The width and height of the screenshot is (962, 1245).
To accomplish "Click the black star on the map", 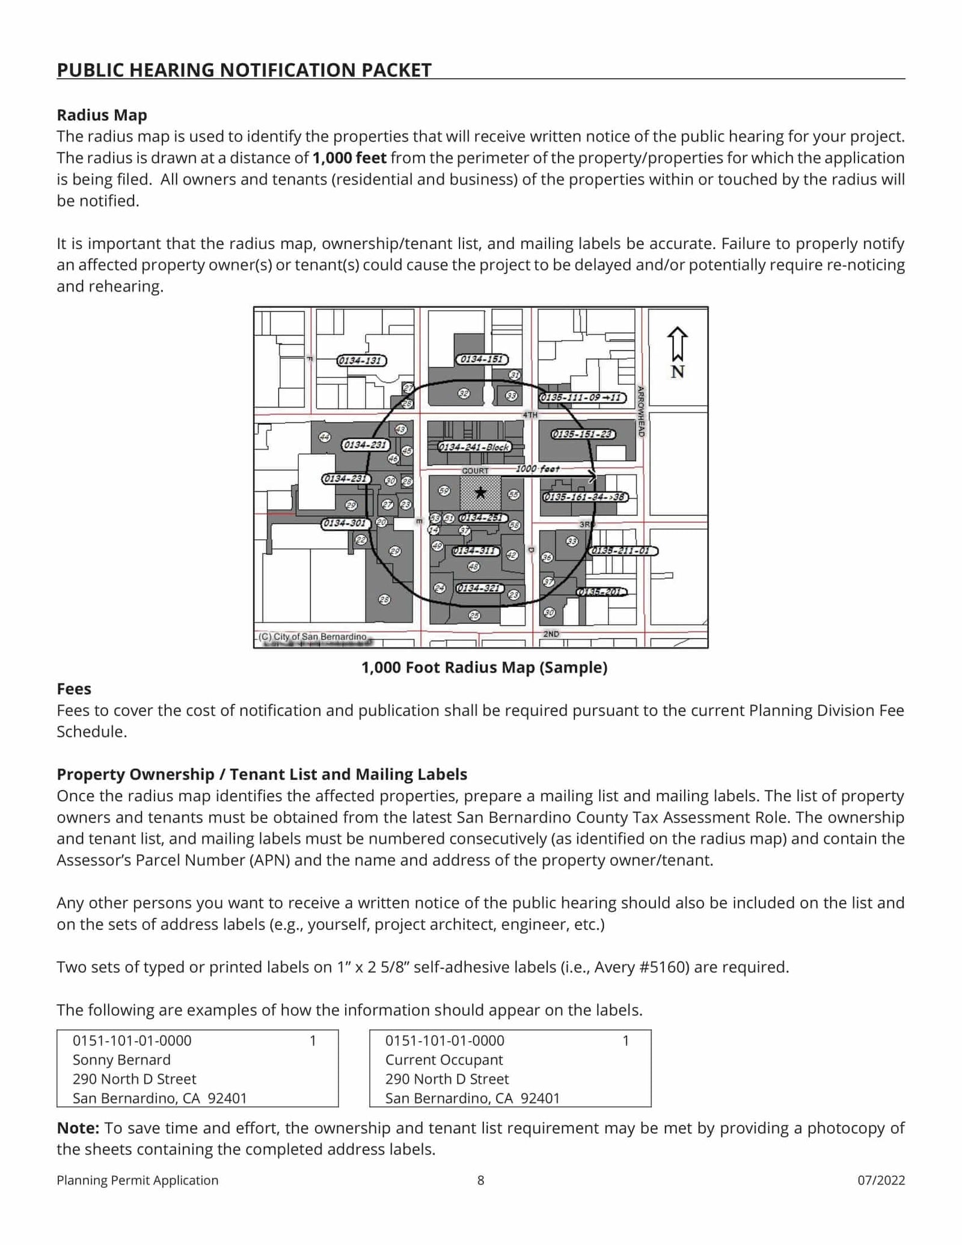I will click(x=480, y=493).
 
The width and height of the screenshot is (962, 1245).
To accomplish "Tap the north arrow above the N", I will click(x=678, y=343).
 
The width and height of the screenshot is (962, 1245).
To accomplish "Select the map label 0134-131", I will click(x=361, y=361).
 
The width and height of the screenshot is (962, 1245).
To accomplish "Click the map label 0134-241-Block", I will click(x=474, y=447).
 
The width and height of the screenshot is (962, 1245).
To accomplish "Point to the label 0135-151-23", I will click(x=583, y=434).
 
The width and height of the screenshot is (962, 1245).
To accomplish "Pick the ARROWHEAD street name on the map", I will click(x=641, y=411).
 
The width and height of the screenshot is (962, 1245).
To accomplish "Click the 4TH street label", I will click(x=530, y=415).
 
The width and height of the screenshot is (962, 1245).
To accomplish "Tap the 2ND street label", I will click(x=551, y=634).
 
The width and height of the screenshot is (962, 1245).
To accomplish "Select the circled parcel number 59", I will click(x=444, y=491).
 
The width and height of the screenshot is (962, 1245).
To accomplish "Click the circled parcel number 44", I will click(x=325, y=437).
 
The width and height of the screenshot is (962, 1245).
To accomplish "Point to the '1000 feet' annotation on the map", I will click(x=538, y=468).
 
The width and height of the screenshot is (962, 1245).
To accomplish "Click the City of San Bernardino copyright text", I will click(x=313, y=637).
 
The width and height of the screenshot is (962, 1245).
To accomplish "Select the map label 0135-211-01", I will click(x=623, y=551).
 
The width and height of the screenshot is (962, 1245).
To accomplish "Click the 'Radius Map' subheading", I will click(x=102, y=115).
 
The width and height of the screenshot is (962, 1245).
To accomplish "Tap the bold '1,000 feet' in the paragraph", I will click(x=349, y=158).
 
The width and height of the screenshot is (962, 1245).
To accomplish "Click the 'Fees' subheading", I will click(x=74, y=689).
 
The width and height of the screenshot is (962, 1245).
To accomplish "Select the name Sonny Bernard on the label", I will click(x=121, y=1060).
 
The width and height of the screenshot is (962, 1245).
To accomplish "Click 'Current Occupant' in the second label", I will click(x=444, y=1060).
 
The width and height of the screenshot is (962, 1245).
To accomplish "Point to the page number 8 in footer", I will click(x=480, y=1180).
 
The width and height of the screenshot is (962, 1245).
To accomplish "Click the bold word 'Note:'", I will click(x=78, y=1128).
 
